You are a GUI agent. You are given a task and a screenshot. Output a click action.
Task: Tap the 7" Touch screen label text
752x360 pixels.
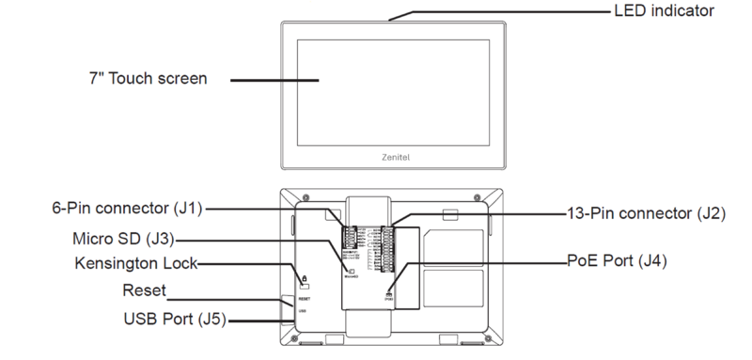(143, 79)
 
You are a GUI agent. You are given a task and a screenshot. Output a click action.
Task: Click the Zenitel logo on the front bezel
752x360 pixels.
(393, 160)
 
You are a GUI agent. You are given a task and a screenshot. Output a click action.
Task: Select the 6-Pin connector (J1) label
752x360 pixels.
(126, 207)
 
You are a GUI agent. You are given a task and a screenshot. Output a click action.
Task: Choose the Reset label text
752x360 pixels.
(143, 290)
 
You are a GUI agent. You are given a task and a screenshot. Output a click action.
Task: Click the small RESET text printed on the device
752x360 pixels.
(305, 293)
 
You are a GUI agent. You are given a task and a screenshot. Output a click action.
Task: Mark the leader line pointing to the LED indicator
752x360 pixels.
(498, 11)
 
